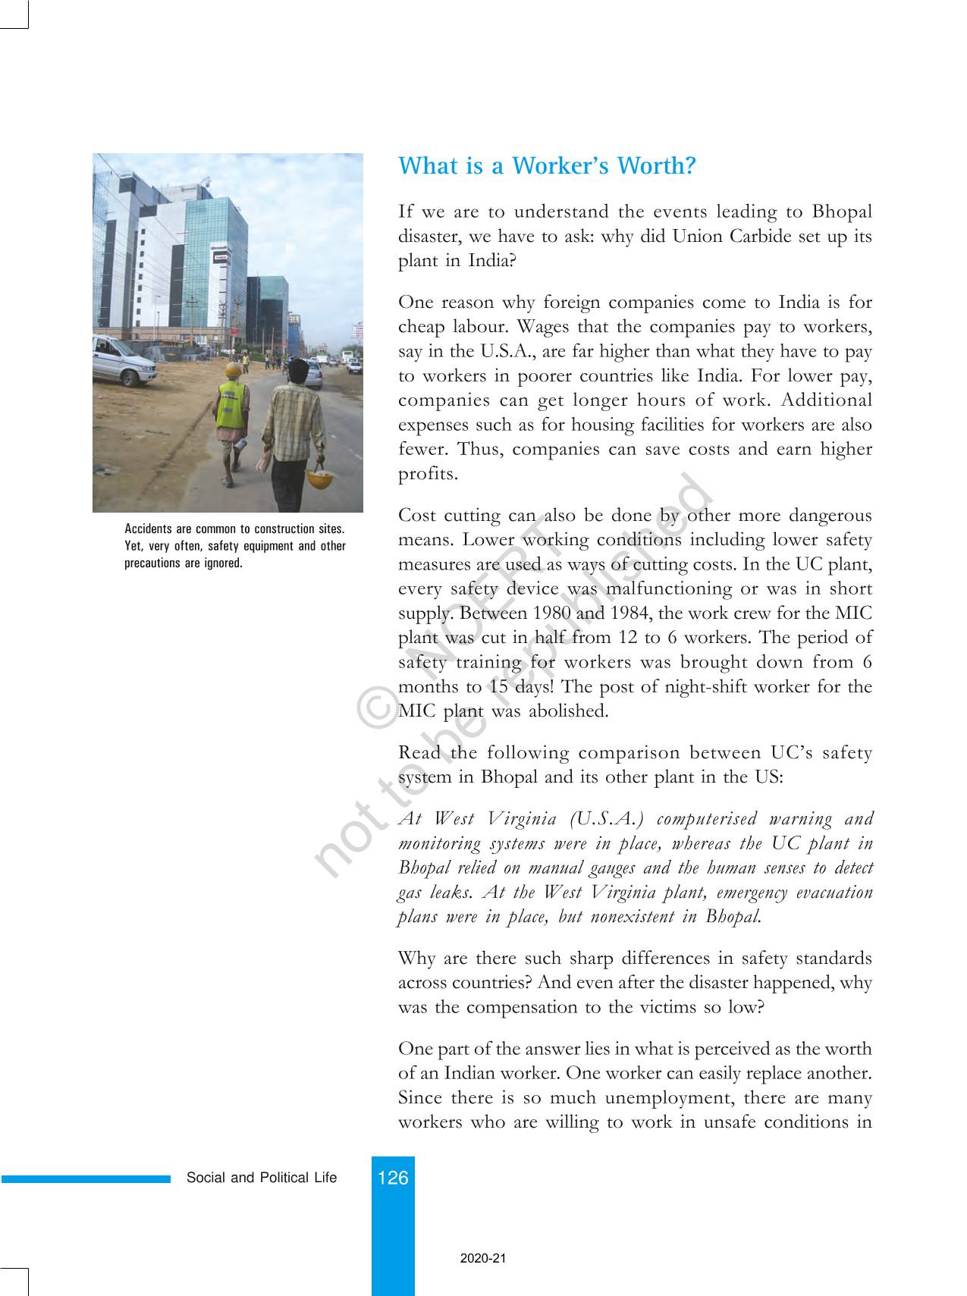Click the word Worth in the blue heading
(x=656, y=166)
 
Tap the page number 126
(x=393, y=1177)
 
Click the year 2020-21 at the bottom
(x=482, y=1258)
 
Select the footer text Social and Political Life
(x=262, y=1178)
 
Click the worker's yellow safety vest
(x=231, y=404)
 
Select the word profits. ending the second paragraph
(x=429, y=474)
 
